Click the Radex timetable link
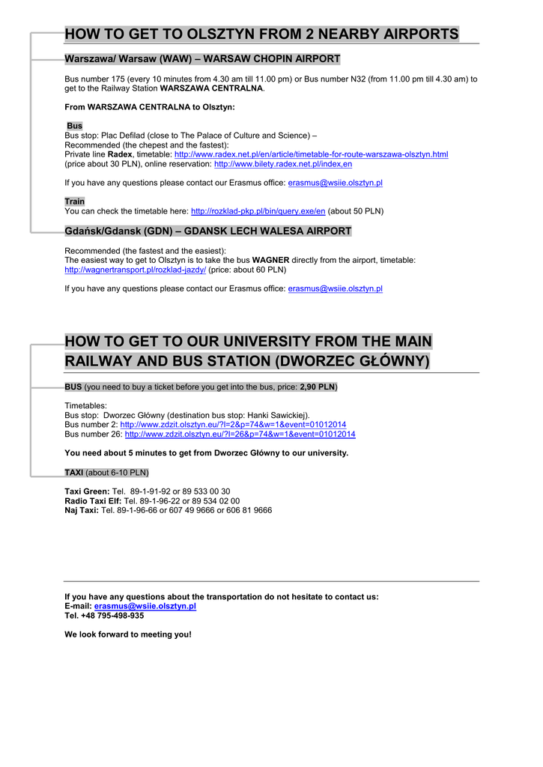311,154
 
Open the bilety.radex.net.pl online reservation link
283,164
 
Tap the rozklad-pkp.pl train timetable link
258,211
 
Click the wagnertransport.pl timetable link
135,270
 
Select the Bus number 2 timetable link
233,425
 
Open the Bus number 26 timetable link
240,434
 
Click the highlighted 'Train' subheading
74,201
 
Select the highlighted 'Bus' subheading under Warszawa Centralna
74,126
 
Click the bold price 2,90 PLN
317,386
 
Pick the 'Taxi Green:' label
87,491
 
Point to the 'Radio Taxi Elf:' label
93,501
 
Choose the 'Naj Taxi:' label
82,510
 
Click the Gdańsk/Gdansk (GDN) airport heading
207,231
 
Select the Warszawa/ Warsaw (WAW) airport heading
202,58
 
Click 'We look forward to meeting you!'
127,634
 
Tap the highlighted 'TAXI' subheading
73,473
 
